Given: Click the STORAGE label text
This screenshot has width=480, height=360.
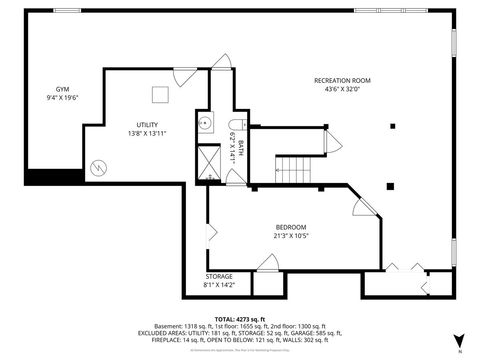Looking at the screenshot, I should point(219,276).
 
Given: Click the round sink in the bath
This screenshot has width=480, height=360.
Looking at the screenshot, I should point(204,125).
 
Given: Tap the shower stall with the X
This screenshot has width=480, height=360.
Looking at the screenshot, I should point(208,160).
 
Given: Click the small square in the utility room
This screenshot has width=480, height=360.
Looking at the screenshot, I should point(159,94).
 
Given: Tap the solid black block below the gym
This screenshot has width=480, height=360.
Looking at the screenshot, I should point(55,176).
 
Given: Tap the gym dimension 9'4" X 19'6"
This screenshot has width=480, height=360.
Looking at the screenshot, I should point(61,98).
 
